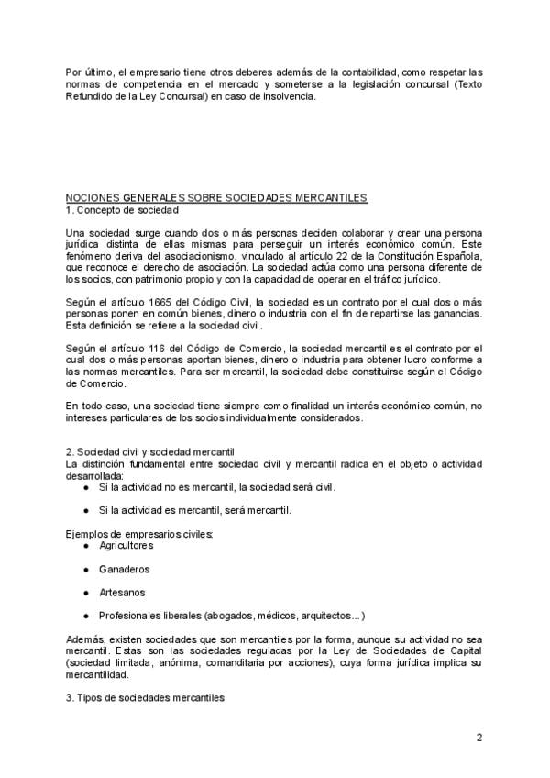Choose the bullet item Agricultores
pos(126,545)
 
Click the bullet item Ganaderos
pos(124,569)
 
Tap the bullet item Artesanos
pos(121,592)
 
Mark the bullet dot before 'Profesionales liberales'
pos(85,616)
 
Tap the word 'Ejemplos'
pos(87,533)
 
